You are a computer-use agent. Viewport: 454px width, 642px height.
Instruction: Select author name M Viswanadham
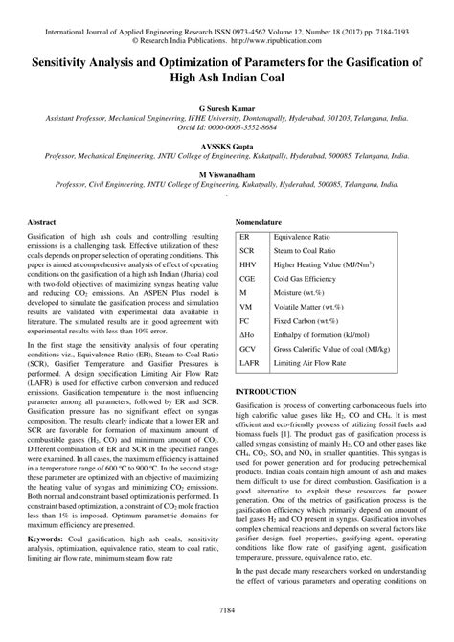(x=227, y=175)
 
